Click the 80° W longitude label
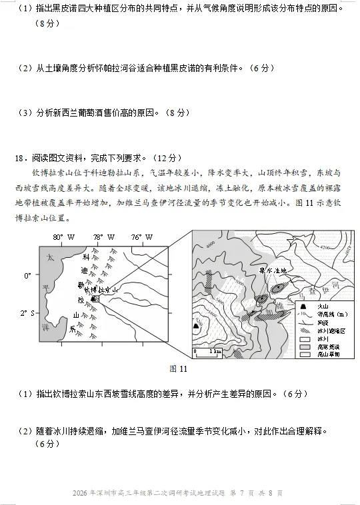63,237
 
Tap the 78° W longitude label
103,237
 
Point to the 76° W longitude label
141,237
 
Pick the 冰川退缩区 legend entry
313,330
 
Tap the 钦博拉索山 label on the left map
100,290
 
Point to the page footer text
179,494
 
